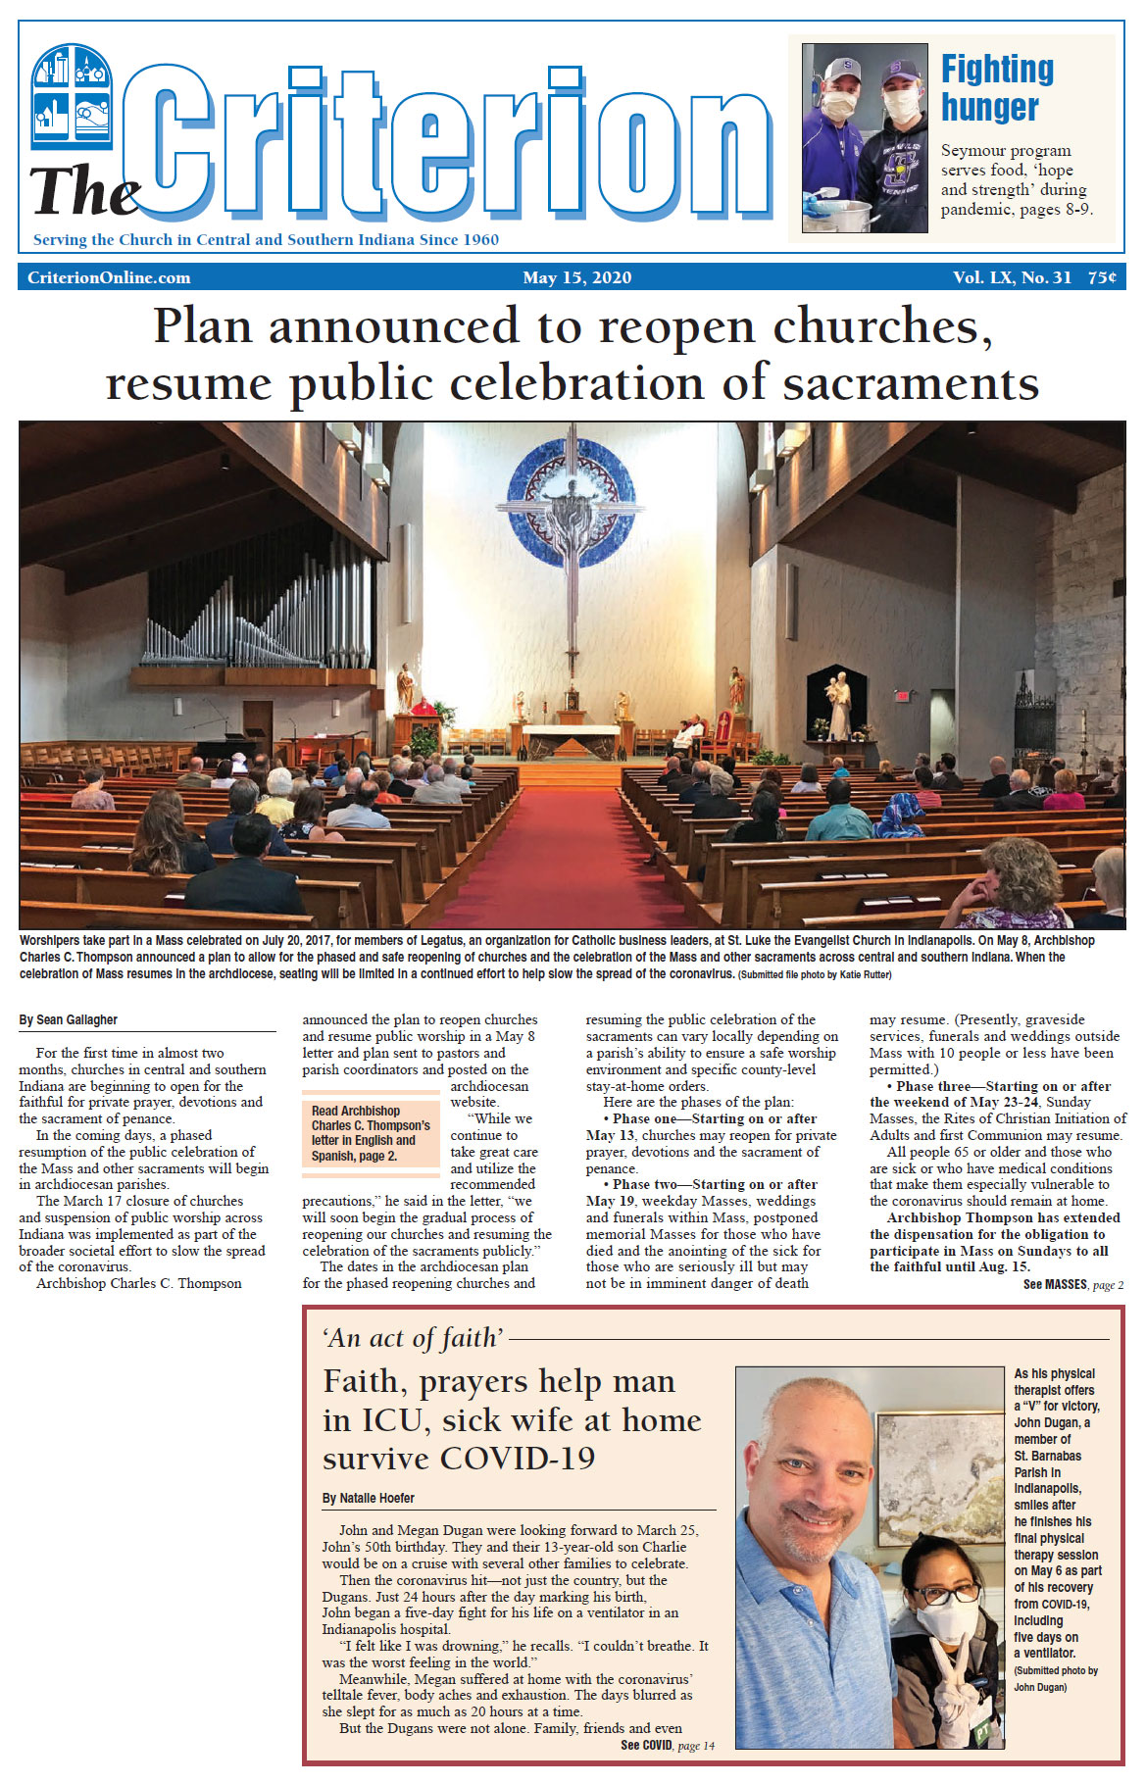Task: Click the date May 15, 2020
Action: pyautogui.click(x=576, y=277)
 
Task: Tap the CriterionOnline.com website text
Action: pyautogui.click(x=109, y=277)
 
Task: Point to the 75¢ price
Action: pyautogui.click(x=1101, y=277)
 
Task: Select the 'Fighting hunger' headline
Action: pyautogui.click(x=997, y=88)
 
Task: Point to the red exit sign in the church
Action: pyautogui.click(x=902, y=696)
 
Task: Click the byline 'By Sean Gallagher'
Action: pyautogui.click(x=69, y=1020)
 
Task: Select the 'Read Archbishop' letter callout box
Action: pyautogui.click(x=371, y=1133)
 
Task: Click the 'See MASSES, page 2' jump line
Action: pyautogui.click(x=1072, y=1285)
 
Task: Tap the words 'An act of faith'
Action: pyautogui.click(x=413, y=1338)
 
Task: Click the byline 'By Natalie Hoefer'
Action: pyautogui.click(x=369, y=1498)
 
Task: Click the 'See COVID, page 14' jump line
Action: pyautogui.click(x=668, y=1745)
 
